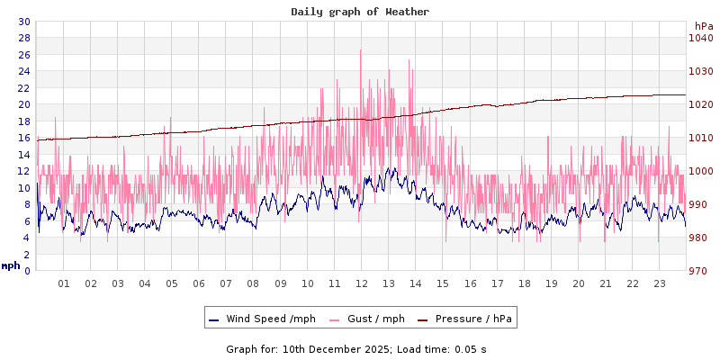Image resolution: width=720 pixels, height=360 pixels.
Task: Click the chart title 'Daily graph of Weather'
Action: point(360,12)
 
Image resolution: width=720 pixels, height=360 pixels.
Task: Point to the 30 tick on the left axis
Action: point(23,22)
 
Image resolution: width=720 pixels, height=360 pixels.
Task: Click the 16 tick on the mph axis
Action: point(23,138)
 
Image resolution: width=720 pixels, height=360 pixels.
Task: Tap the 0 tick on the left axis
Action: point(26,271)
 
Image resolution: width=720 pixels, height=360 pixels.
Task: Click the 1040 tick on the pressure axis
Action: point(700,38)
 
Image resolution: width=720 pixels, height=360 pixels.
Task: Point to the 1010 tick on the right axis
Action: point(700,138)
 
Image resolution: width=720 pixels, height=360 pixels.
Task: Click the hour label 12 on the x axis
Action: point(362,283)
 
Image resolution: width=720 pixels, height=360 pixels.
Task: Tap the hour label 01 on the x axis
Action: point(64,283)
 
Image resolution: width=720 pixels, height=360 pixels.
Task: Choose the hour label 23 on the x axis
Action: point(660,283)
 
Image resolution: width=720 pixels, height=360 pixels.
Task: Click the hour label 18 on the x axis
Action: point(524,283)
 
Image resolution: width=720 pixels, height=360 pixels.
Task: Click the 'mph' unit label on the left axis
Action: point(11,265)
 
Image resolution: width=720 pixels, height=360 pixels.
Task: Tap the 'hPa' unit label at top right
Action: point(703,26)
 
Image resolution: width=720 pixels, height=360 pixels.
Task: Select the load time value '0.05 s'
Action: point(471,349)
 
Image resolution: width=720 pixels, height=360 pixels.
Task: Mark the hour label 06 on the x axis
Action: point(199,283)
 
